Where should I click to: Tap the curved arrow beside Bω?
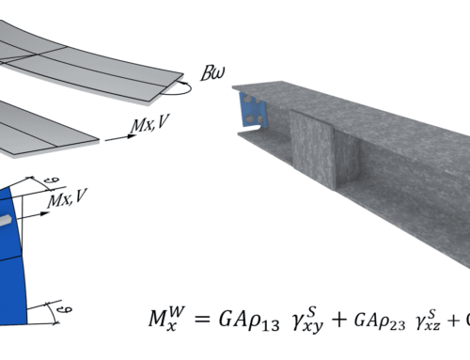click(x=178, y=89)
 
